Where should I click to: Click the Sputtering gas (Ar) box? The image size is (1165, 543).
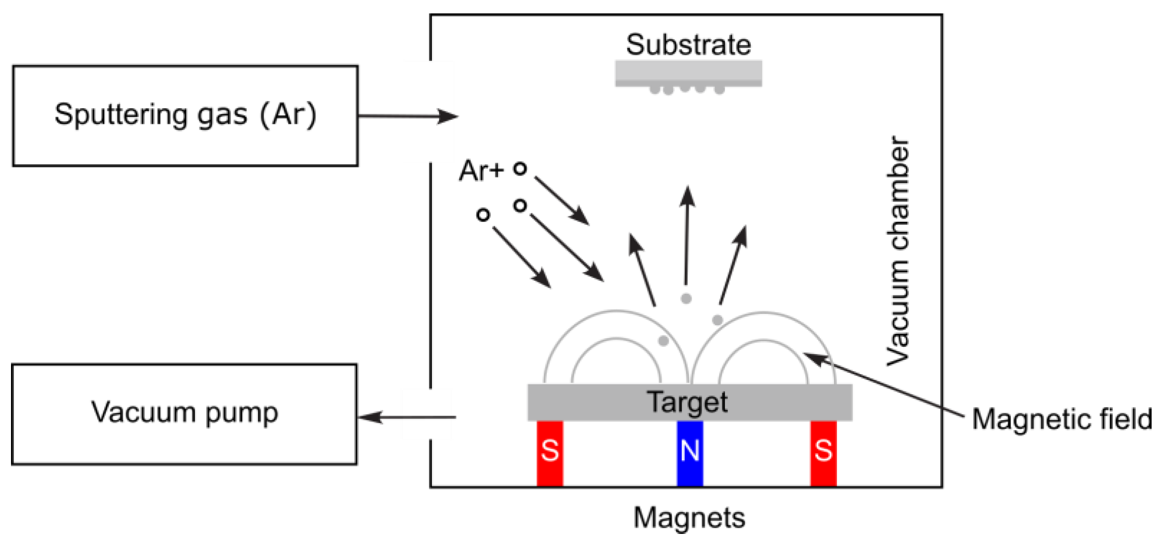pos(185,116)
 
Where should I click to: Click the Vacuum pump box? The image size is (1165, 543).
pos(184,414)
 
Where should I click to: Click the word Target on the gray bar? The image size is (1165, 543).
pos(687,402)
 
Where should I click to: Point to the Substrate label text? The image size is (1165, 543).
pos(688,45)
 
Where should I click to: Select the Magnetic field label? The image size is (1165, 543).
pos(1062,419)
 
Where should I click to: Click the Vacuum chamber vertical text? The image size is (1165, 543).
pos(898,251)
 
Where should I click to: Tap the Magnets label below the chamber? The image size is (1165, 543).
pos(689,518)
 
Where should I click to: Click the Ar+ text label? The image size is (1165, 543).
pos(481,171)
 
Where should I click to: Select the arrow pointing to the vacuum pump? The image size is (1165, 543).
pos(407,417)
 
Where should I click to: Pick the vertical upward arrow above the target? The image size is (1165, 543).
pos(687,234)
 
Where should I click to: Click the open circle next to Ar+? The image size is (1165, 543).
pos(520,168)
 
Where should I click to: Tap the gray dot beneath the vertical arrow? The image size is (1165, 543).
pos(686,299)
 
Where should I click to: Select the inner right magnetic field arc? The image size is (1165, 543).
pos(763,341)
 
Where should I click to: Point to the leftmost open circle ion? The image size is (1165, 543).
pos(483,215)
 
